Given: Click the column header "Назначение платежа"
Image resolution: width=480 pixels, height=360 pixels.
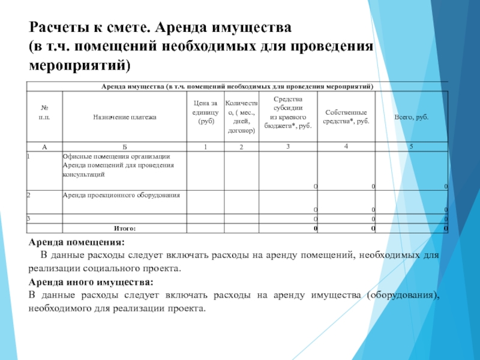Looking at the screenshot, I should tap(124, 117).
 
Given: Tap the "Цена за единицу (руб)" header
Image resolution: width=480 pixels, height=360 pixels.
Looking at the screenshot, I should tap(206, 112).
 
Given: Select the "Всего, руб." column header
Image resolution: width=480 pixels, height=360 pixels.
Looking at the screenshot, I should tap(411, 117).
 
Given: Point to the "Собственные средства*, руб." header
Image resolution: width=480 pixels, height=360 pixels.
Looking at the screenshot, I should tap(347, 117).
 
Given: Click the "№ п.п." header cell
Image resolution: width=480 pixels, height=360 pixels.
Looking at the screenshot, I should tap(44, 113).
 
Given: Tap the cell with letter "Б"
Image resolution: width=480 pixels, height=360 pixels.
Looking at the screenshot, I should tap(124, 146).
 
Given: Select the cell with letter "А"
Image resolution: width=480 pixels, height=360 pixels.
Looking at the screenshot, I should tap(44, 146).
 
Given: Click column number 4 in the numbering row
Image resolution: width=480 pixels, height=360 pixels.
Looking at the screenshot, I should tap(346, 146).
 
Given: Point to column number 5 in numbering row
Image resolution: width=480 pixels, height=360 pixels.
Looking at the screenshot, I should tap(412, 146).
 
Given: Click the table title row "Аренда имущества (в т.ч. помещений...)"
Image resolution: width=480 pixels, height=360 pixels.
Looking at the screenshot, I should tap(236, 87).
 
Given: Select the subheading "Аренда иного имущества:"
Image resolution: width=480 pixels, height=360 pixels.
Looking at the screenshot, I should tap(91, 281).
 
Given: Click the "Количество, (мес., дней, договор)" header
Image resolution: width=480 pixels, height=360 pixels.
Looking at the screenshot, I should tap(241, 117).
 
